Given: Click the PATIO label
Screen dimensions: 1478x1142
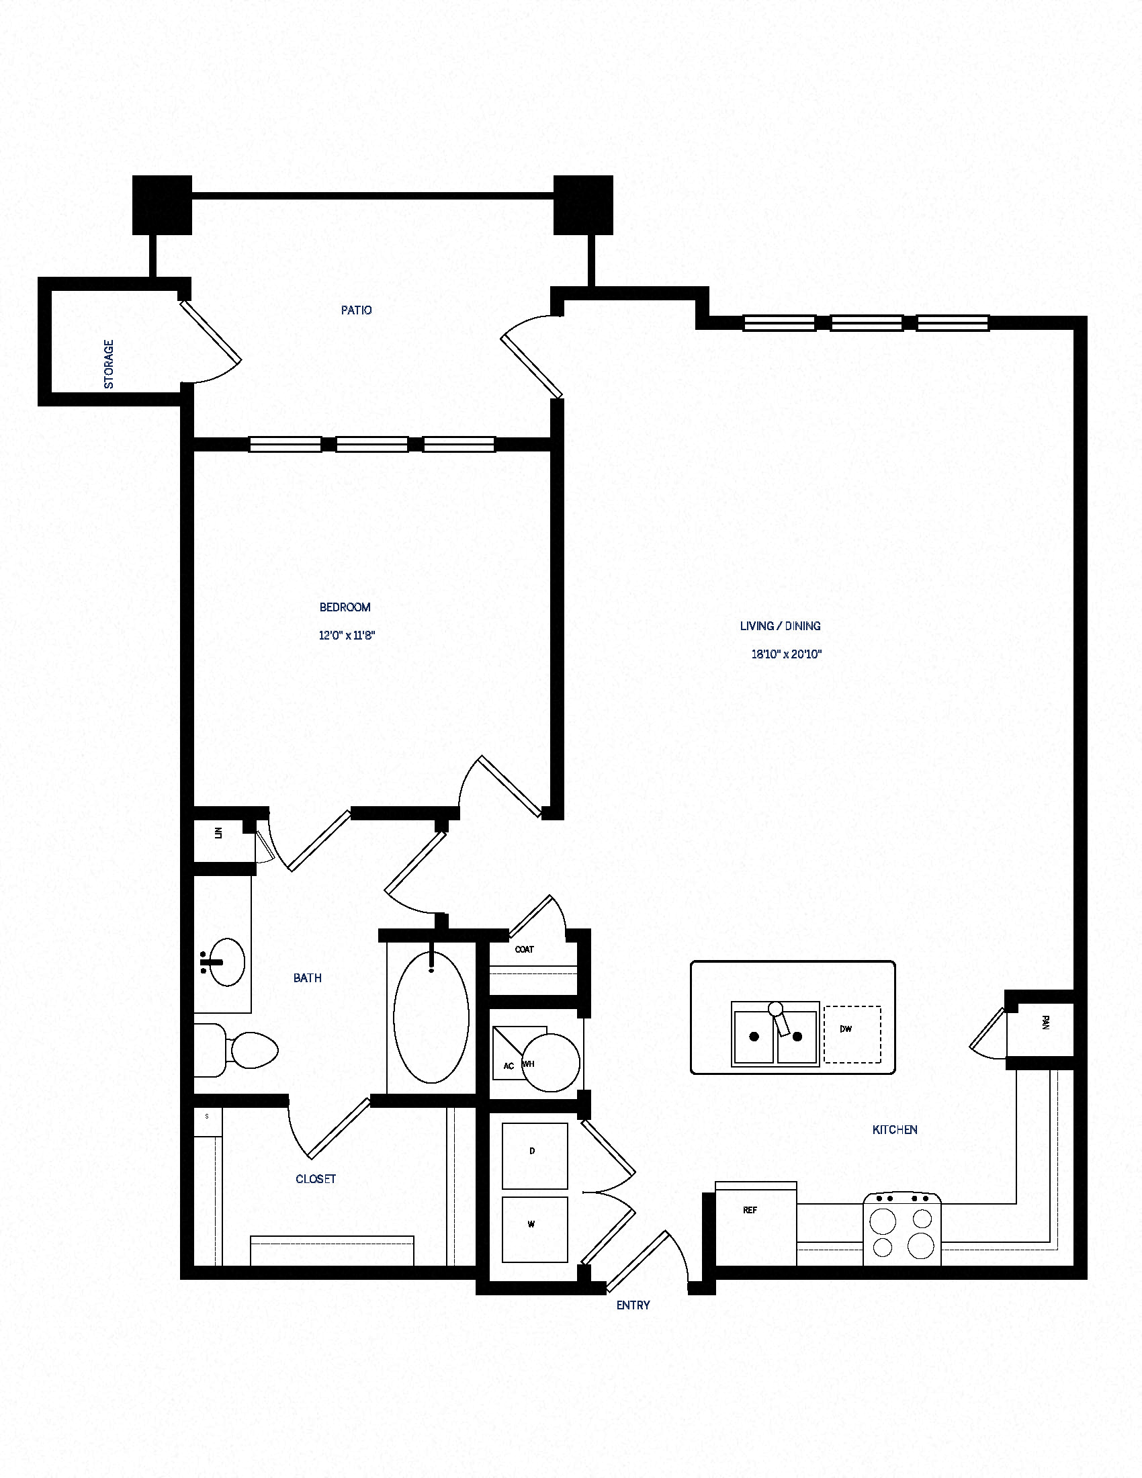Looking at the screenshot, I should (x=356, y=310).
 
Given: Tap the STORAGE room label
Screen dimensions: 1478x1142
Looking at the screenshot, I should (x=109, y=364).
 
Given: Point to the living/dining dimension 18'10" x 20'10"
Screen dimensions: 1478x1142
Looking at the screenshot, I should (x=786, y=654).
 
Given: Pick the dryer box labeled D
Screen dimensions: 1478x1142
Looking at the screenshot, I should (x=535, y=1156).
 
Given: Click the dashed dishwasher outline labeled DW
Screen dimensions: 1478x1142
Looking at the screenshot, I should (x=852, y=1033).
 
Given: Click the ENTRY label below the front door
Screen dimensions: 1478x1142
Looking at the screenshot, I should (x=633, y=1305).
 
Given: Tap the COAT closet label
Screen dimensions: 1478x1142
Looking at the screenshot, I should (x=525, y=949).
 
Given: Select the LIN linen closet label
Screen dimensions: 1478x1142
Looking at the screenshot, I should (x=218, y=833).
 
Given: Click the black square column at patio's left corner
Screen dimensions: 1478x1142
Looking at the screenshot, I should (x=162, y=205).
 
